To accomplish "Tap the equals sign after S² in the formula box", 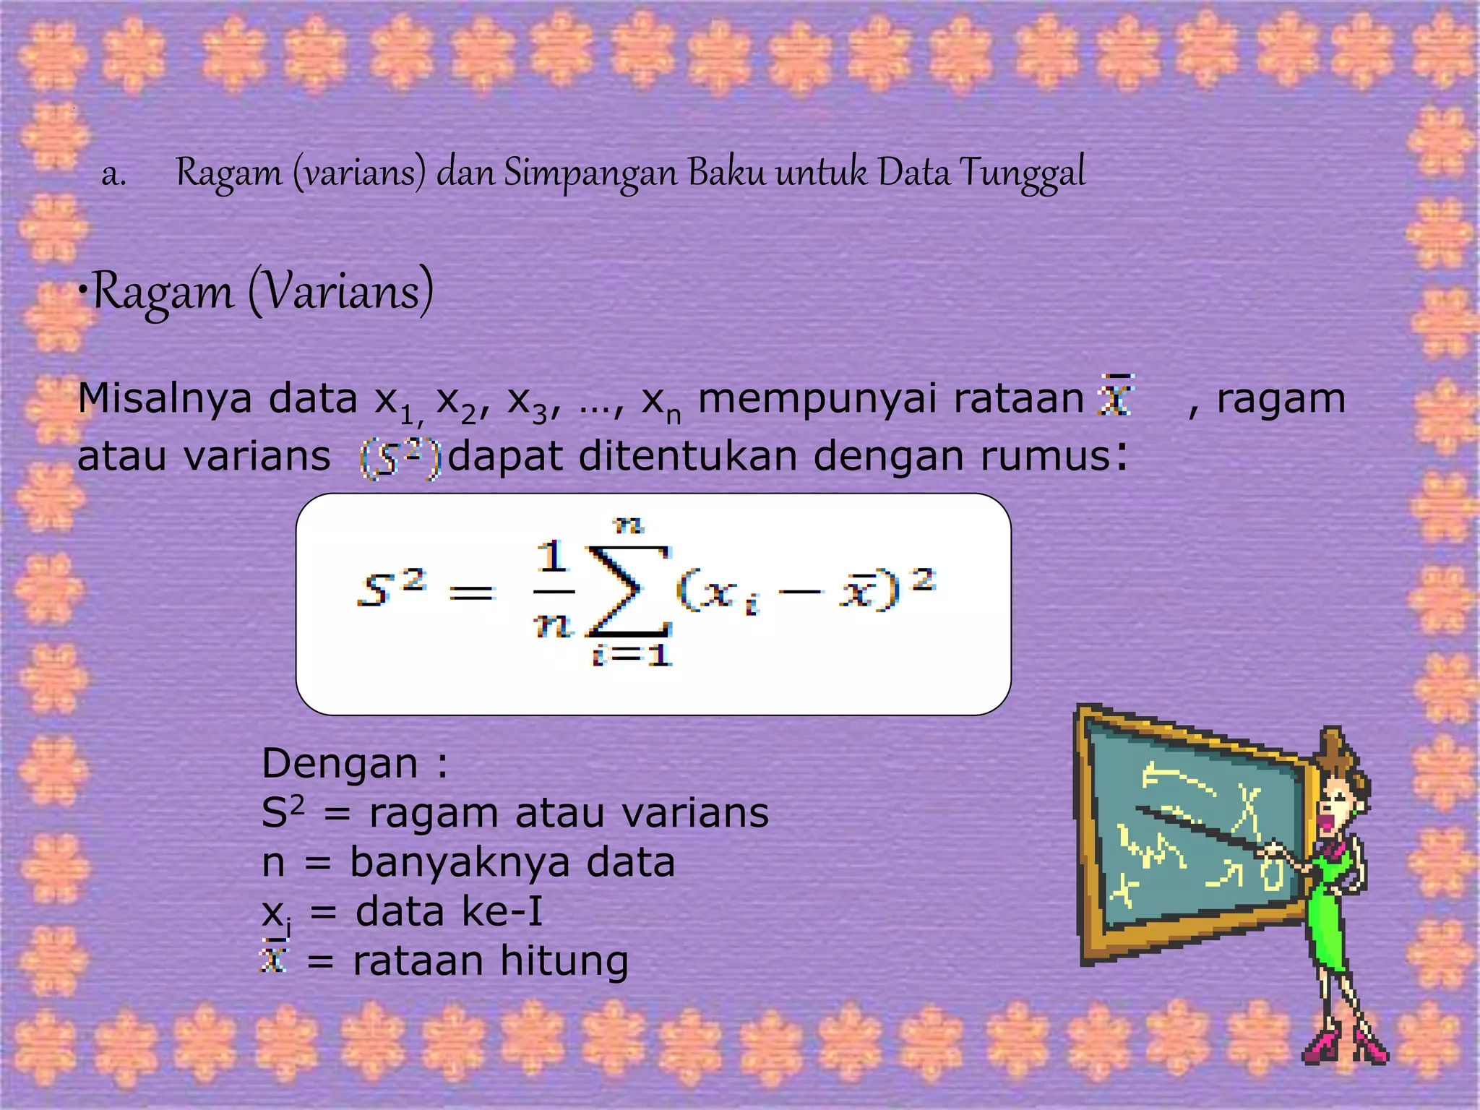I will coord(471,594).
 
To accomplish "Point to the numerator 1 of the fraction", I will coord(553,557).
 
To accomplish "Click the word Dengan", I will coord(340,764).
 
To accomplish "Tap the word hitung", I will coord(563,961).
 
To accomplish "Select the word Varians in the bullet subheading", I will coord(340,292).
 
